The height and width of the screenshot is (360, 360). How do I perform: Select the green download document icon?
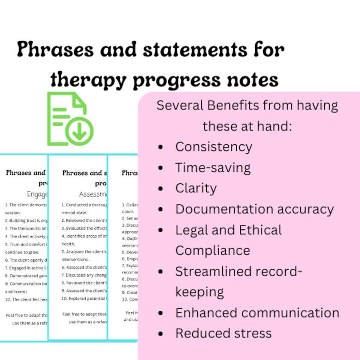pos(70,118)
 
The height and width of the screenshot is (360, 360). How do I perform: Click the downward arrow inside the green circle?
pos(79,131)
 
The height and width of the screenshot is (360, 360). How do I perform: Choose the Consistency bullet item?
pos(214,147)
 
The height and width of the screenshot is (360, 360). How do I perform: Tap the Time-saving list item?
pos(213,168)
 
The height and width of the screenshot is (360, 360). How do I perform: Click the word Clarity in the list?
pos(196,188)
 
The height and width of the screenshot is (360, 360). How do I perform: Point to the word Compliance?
pos(213,250)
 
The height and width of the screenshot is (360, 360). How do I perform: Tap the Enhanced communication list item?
pos(257,313)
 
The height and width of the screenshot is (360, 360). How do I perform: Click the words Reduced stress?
pos(223,333)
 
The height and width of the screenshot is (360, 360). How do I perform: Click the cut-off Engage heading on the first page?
pos(37,195)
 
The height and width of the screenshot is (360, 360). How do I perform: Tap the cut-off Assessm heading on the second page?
pos(92,195)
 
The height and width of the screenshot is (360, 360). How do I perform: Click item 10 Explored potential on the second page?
pos(84,298)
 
